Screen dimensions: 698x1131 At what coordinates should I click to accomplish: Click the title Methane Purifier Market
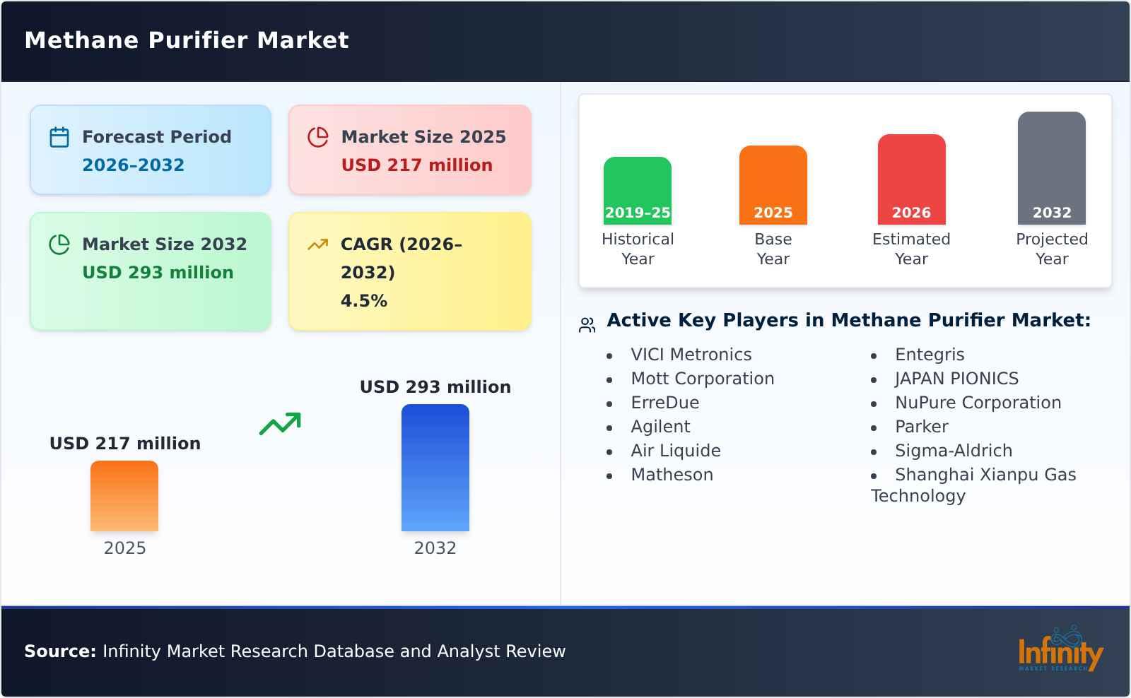tap(187, 40)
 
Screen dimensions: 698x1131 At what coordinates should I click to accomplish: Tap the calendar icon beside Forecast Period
tap(59, 137)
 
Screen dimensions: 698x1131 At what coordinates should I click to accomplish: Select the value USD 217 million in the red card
tap(416, 165)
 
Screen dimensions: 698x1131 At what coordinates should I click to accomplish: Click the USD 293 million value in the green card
tap(158, 273)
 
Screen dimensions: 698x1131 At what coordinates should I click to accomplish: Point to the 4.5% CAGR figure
tap(363, 301)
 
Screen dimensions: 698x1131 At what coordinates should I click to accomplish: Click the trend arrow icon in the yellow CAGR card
tap(317, 244)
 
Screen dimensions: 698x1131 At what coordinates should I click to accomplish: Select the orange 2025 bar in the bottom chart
tap(124, 496)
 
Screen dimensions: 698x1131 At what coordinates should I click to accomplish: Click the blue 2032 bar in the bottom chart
tap(435, 468)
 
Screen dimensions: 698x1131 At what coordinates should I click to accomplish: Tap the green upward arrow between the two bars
tap(280, 424)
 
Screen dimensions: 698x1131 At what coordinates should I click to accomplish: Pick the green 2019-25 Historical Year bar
tap(637, 190)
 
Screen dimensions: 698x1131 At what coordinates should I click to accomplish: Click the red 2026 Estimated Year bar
tap(911, 179)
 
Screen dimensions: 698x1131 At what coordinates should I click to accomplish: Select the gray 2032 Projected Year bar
tap(1051, 167)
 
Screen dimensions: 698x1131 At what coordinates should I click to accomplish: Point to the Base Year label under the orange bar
tap(773, 249)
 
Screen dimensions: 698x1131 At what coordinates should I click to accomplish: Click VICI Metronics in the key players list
tap(691, 355)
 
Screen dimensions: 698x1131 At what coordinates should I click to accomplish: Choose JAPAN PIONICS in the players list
tap(956, 379)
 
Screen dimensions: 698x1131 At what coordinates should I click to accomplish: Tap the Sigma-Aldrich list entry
tap(953, 451)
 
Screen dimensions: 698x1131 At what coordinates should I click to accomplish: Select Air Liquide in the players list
tap(675, 451)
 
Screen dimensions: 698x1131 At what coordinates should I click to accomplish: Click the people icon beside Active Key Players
tap(587, 325)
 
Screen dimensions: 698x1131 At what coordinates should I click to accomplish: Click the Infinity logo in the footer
tap(1060, 650)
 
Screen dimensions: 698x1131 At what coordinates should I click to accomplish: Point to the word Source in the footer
tap(59, 651)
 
